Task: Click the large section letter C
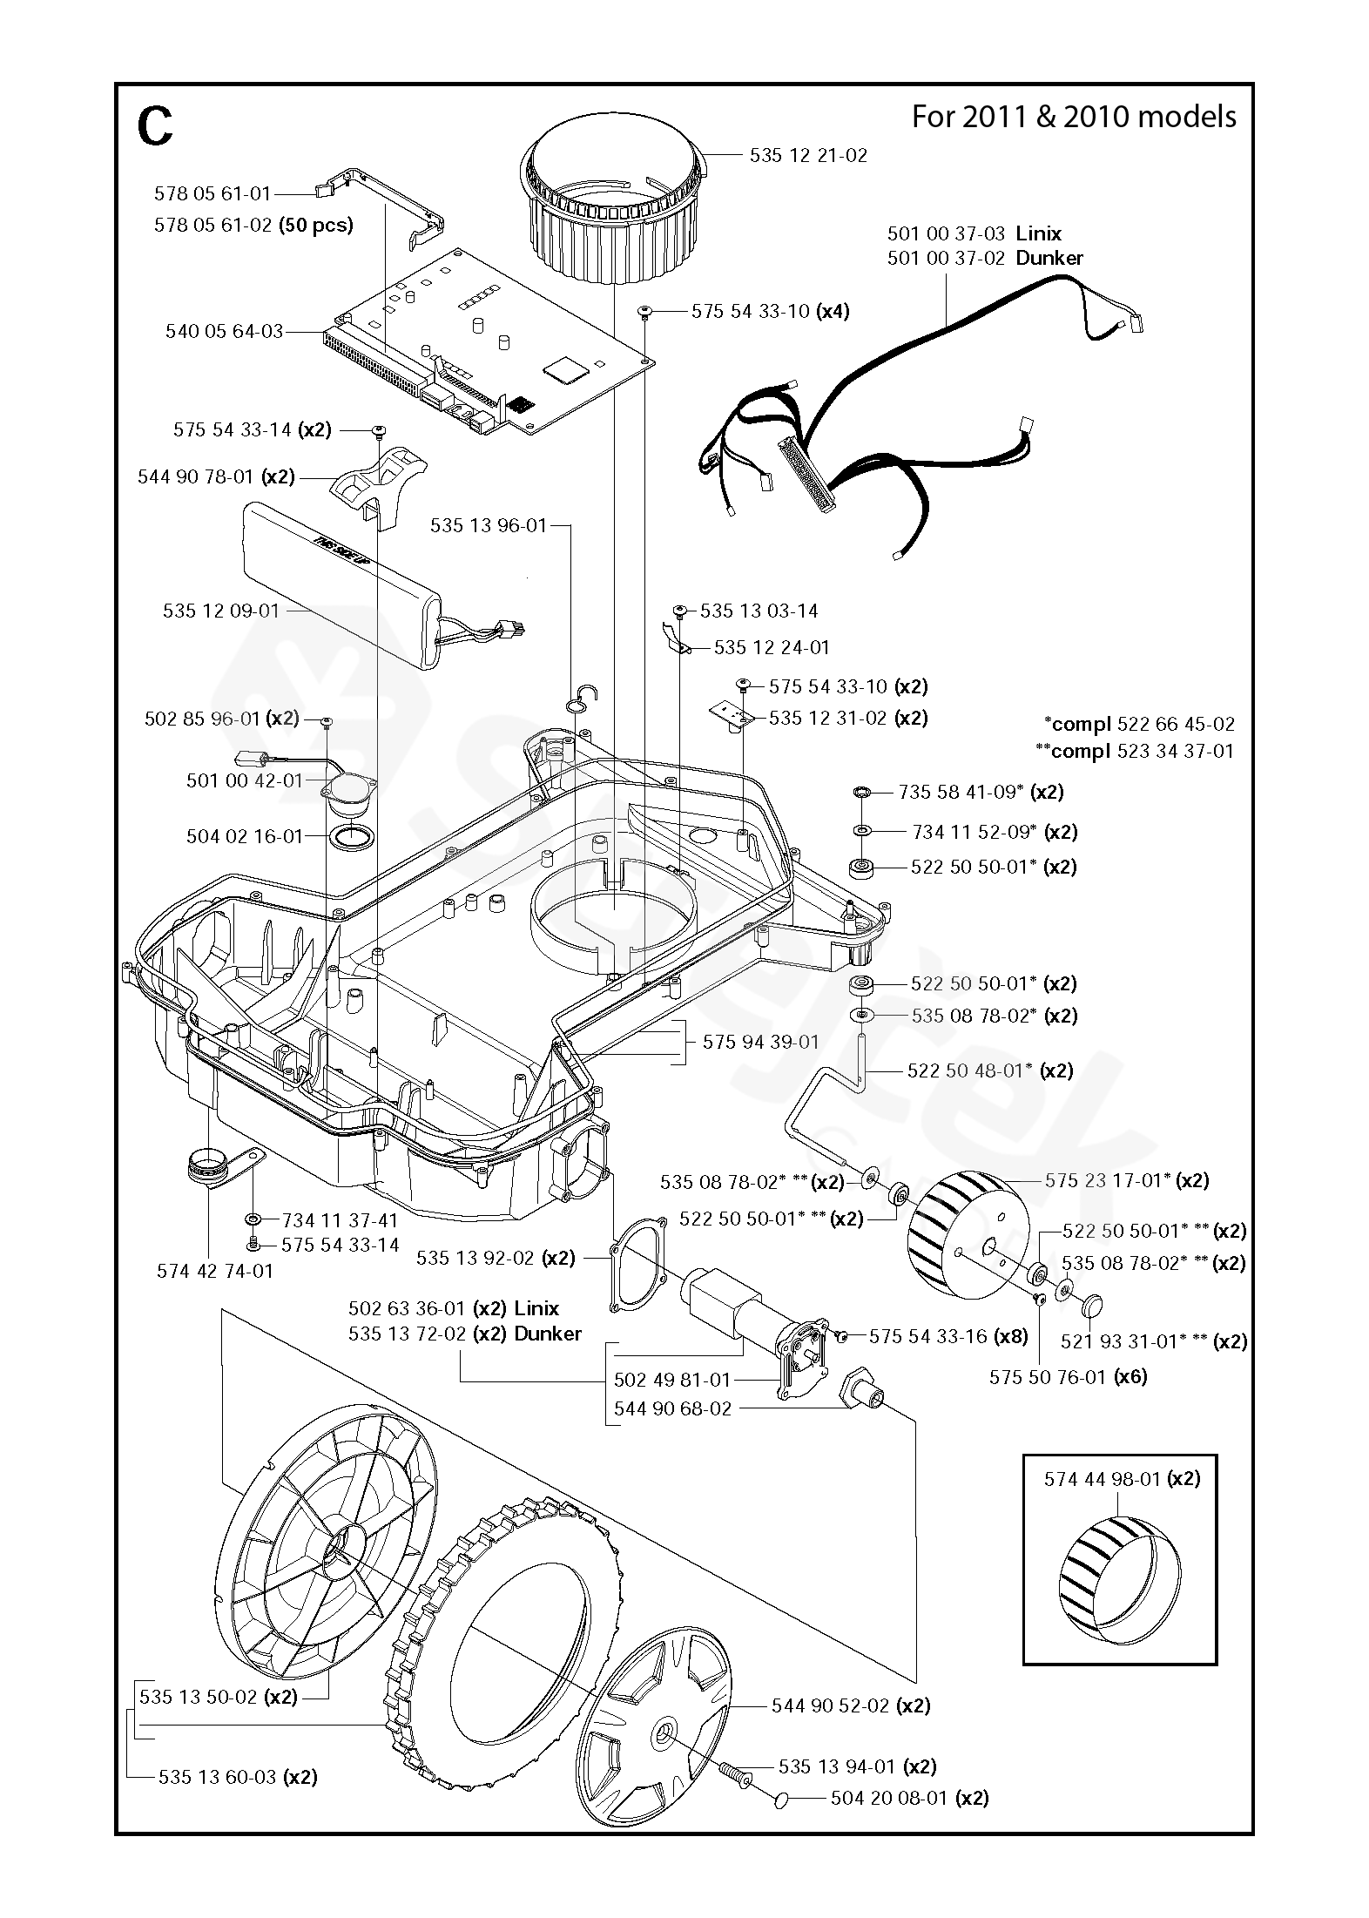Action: tap(155, 127)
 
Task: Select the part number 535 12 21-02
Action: tap(808, 156)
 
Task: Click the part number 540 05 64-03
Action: tap(225, 332)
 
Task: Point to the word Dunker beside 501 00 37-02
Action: tap(1049, 258)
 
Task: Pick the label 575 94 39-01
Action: tap(760, 1042)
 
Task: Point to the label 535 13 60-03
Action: tap(217, 1777)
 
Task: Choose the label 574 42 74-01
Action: tap(215, 1271)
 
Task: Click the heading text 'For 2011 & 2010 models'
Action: tap(1074, 117)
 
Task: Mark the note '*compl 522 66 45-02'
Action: tap(1139, 724)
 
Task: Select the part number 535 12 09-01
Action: tap(221, 611)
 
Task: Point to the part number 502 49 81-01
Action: tap(672, 1380)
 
